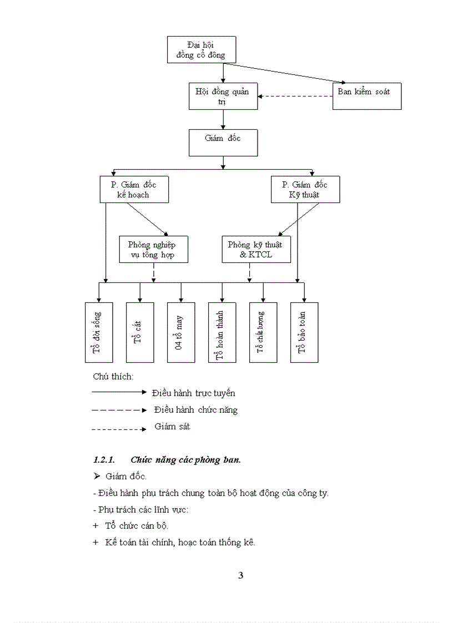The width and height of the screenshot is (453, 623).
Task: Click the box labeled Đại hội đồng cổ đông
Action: tap(201, 49)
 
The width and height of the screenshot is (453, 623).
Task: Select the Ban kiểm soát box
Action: tap(366, 95)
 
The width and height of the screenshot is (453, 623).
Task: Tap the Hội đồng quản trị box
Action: tap(223, 95)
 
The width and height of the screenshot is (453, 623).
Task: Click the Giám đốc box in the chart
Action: tap(223, 142)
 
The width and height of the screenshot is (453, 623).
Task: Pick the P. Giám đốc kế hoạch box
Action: tap(134, 189)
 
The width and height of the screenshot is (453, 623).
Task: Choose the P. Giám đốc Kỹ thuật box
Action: tap(305, 189)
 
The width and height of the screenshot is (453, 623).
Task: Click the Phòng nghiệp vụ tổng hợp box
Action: tap(154, 249)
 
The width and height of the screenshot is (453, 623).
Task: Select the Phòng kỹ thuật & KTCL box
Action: tap(255, 249)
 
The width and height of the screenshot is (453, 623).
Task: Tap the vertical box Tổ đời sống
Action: tap(99, 332)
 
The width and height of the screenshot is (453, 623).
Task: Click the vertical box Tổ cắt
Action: tap(140, 332)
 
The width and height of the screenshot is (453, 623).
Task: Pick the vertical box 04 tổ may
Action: tap(181, 332)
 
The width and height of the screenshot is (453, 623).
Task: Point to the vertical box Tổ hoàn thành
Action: tap(222, 332)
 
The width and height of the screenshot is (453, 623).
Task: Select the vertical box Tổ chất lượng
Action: tap(263, 332)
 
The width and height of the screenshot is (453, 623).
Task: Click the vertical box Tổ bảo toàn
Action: tap(304, 332)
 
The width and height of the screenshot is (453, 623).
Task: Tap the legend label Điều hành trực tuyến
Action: tap(194, 393)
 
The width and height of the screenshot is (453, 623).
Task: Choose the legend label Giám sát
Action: tap(172, 427)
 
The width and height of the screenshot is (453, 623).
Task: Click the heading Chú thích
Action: tap(113, 376)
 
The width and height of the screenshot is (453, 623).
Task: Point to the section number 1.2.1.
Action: tap(104, 460)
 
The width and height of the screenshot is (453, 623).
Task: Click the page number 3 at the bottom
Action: tap(240, 575)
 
